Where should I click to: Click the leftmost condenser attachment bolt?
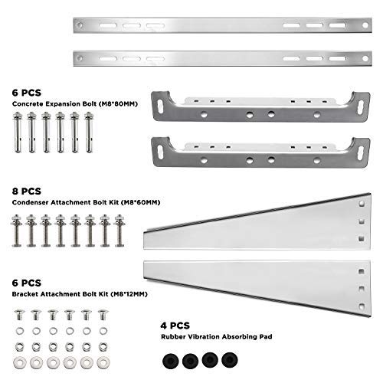tap(16, 231)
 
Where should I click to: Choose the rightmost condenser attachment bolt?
tap(119, 231)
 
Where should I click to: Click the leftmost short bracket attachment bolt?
tap(18, 316)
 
